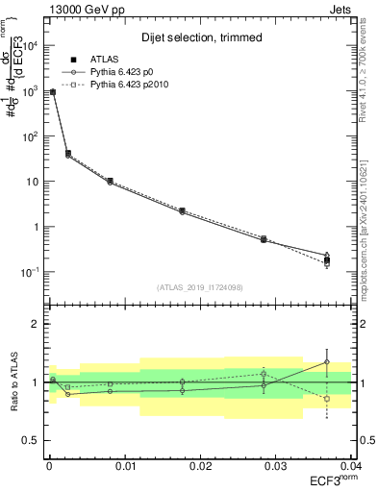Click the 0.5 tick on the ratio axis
tap(31, 441)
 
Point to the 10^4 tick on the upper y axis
tap(29, 45)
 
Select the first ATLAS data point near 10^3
tap(52, 92)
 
